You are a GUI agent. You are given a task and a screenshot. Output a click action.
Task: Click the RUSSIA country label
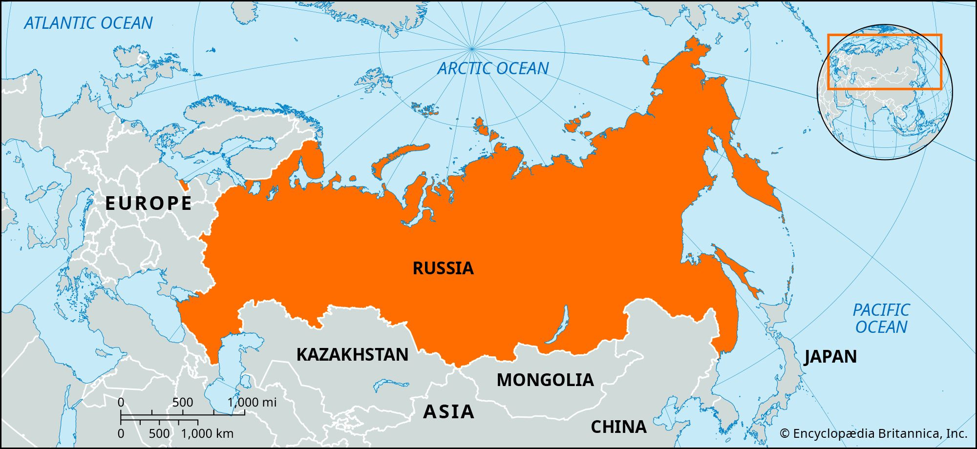click(x=443, y=268)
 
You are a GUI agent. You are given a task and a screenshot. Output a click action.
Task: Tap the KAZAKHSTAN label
click(x=352, y=354)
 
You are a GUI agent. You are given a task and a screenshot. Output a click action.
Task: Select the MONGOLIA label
click(x=545, y=380)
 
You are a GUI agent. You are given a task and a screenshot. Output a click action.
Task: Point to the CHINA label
click(x=618, y=427)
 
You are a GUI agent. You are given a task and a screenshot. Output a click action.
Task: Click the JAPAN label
click(x=830, y=356)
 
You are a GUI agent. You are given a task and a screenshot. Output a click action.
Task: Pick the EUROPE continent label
click(x=149, y=203)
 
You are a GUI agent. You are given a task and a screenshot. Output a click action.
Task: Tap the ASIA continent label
click(x=448, y=411)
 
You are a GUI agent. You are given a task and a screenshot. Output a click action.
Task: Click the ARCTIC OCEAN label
click(x=493, y=68)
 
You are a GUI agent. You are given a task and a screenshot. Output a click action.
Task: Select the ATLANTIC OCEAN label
click(x=88, y=23)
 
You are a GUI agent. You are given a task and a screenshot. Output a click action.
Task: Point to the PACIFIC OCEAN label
click(x=881, y=318)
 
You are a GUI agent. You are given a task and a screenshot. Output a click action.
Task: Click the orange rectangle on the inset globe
click(x=884, y=35)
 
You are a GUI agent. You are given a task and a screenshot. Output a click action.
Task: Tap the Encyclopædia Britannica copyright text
click(x=873, y=433)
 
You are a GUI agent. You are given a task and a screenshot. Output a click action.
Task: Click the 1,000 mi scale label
click(x=252, y=402)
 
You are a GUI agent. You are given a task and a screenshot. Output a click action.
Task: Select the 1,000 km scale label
click(x=207, y=433)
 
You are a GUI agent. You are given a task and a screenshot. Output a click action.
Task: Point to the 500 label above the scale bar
click(x=182, y=402)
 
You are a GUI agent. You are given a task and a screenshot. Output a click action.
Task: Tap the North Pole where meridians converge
click(x=471, y=48)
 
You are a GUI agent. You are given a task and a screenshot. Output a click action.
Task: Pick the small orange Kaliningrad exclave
click(x=184, y=185)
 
